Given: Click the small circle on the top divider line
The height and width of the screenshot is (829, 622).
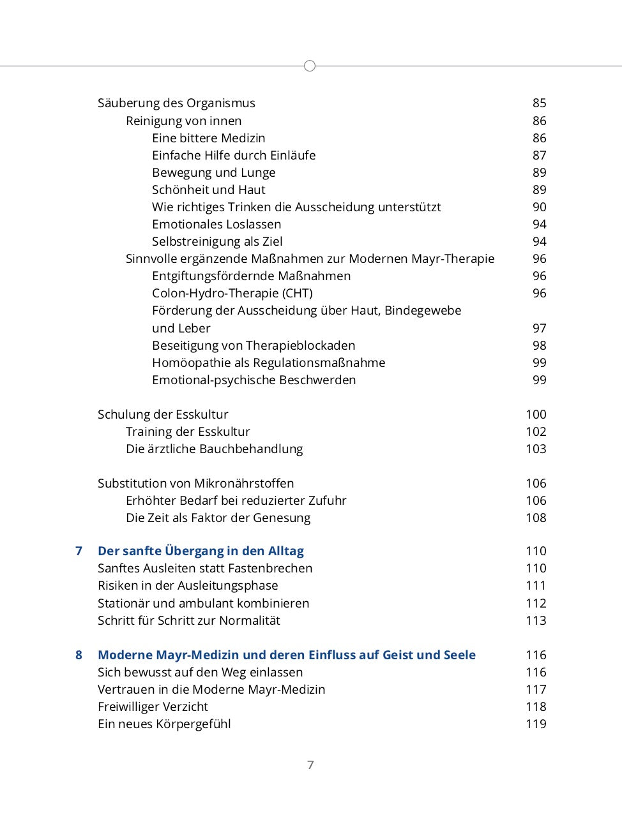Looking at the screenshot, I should click(310, 66).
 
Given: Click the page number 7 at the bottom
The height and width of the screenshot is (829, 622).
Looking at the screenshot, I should click(310, 765).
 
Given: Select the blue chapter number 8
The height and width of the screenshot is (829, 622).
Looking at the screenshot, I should click(79, 655).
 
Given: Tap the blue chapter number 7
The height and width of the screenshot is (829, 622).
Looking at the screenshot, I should click(79, 551).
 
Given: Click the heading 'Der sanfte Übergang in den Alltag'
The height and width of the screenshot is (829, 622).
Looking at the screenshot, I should click(201, 551).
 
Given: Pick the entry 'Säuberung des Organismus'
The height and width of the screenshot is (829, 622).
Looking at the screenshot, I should click(176, 103).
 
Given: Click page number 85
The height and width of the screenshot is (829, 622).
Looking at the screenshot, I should click(539, 103).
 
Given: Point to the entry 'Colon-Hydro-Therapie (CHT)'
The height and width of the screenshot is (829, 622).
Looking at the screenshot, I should click(232, 293).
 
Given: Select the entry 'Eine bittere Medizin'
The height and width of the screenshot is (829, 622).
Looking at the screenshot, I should click(208, 138).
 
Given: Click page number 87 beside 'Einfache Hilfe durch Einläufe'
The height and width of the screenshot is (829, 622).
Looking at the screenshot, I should click(539, 155).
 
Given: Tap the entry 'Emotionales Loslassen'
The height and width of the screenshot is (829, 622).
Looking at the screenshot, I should click(216, 224).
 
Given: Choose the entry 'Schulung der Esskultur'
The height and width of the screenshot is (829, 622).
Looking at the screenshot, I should click(163, 414).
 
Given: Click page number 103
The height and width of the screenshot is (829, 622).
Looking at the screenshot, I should click(536, 449).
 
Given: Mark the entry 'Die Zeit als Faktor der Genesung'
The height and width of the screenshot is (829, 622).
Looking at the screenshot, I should click(218, 518).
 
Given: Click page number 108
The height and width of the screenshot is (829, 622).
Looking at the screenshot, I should click(536, 518).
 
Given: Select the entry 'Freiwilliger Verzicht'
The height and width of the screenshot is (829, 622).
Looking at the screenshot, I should click(153, 706).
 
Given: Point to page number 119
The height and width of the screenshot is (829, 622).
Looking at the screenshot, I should click(536, 724).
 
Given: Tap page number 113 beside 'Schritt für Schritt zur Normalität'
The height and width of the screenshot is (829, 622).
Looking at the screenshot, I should click(536, 620).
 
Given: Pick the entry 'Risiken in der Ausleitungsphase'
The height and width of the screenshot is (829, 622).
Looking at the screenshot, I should click(188, 585).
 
